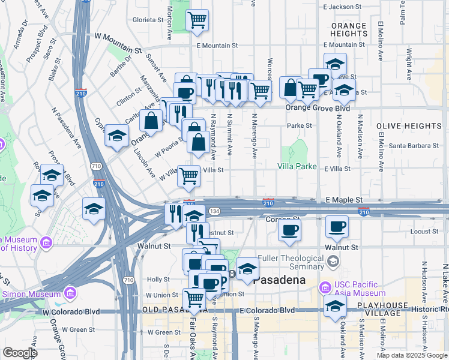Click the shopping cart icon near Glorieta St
click(x=197, y=20)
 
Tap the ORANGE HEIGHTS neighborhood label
click(x=349, y=30)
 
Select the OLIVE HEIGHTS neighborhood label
click(x=409, y=126)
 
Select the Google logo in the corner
click(x=20, y=353)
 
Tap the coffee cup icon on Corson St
click(x=290, y=230)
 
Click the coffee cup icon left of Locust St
click(x=336, y=227)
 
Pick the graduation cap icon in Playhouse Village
click(x=334, y=306)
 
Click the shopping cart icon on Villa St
click(x=188, y=176)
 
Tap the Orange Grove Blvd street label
click(x=318, y=109)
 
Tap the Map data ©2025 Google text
click(x=411, y=355)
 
